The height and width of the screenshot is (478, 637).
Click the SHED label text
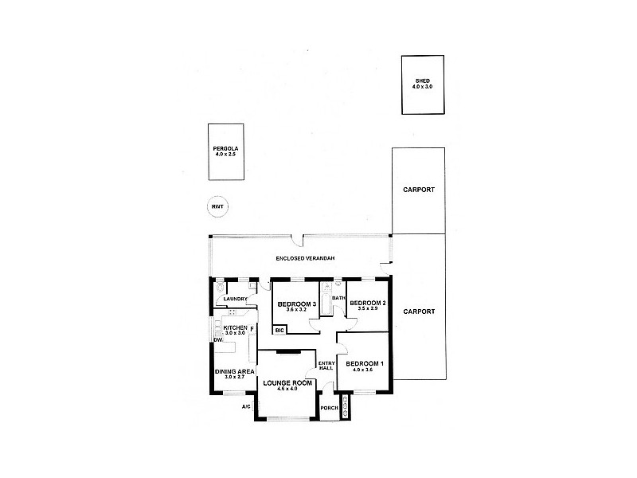(x=421, y=80)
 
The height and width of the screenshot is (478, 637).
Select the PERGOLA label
(x=225, y=148)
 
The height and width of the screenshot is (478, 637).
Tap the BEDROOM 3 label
(x=297, y=304)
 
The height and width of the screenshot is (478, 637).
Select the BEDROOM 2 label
(x=367, y=303)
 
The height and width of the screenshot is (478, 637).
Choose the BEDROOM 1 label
(x=364, y=364)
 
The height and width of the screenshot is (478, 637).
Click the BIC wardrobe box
(x=279, y=330)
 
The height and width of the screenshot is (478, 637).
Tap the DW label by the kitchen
(x=217, y=340)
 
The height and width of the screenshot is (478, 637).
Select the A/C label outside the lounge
(x=247, y=407)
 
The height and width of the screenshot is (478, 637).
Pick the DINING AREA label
(x=234, y=371)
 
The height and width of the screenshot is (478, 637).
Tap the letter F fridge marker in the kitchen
(x=252, y=328)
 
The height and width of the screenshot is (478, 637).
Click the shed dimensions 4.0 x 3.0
(x=421, y=86)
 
